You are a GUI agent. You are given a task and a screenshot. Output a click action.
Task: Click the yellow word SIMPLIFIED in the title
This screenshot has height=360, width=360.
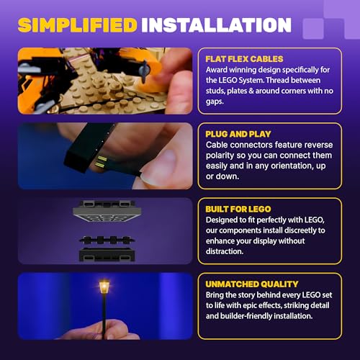click(x=78, y=25)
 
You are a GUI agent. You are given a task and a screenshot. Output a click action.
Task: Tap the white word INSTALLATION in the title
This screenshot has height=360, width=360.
click(x=217, y=25)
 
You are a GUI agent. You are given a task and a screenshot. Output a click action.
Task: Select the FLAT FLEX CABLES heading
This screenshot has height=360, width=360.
click(x=244, y=59)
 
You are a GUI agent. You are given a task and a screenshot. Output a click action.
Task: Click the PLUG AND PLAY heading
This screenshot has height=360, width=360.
click(x=238, y=134)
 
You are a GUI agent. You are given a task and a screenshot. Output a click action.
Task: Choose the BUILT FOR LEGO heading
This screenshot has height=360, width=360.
click(x=238, y=210)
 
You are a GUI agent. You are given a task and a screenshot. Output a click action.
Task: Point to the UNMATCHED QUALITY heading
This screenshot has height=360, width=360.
click(x=252, y=284)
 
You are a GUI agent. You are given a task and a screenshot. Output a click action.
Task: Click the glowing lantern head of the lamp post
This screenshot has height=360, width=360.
click(x=104, y=287)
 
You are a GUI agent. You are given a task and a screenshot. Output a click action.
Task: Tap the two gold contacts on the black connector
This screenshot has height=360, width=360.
click(x=102, y=161)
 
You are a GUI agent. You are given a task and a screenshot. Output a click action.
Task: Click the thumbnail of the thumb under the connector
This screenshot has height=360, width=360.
click(x=148, y=177)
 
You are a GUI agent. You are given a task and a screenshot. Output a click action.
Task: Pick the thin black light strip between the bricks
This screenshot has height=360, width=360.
click(x=107, y=240)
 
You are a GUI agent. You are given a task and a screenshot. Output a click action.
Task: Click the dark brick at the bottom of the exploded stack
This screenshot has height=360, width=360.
click(x=107, y=255)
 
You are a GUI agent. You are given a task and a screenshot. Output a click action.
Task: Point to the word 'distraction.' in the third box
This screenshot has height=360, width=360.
click(x=225, y=251)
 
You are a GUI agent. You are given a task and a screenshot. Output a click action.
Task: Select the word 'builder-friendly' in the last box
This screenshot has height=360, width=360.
click(x=246, y=316)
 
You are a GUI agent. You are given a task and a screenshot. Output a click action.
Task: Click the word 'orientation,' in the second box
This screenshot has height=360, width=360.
click(x=291, y=166)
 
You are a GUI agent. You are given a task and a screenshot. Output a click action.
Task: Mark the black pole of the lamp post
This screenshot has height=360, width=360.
click(x=104, y=315)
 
